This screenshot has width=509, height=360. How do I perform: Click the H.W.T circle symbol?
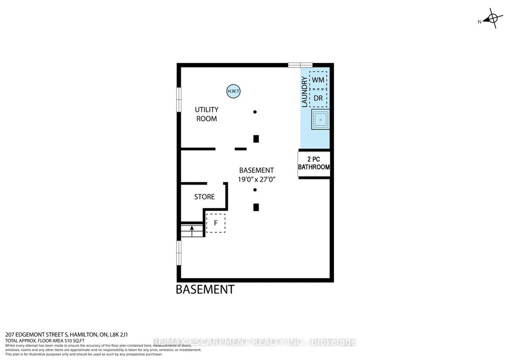coord(233,91)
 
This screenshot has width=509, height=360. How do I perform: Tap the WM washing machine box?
coord(318,80)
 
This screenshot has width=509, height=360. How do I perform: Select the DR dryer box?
coord(318,98)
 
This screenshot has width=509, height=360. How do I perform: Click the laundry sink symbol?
coord(320,120)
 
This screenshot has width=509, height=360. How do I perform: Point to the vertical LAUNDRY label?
coord(304,92)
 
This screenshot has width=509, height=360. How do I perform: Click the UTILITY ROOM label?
coord(206,114)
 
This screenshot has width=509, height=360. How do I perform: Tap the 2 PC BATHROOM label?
coord(314,163)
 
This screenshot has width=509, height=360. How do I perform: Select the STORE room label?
coord(205,197)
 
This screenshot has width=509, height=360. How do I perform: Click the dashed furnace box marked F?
coord(216,223)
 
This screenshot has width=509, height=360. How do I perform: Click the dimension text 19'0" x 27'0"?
coord(256,179)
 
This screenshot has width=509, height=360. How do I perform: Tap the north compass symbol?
coord(492,18)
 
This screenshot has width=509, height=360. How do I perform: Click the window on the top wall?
coord(300,65)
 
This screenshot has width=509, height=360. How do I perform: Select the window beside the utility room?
coord(179,100)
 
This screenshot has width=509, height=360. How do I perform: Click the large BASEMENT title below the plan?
coord(205,289)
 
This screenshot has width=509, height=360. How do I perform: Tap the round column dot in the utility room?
coord(255,112)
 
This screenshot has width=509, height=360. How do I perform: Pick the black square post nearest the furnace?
coord(256,207)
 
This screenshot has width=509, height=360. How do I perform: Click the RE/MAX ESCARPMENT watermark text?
coord(254,342)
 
